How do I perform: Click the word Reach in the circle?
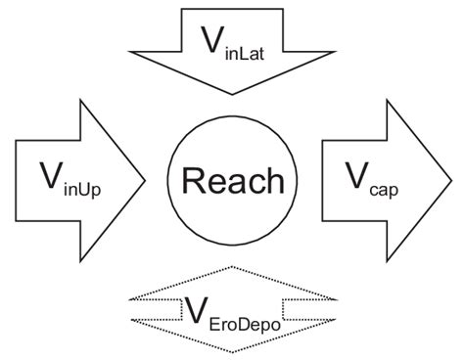232,181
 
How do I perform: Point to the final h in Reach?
275,181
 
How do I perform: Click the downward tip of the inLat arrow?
232,94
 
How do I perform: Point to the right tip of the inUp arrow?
146,180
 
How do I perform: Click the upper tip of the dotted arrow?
232,266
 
